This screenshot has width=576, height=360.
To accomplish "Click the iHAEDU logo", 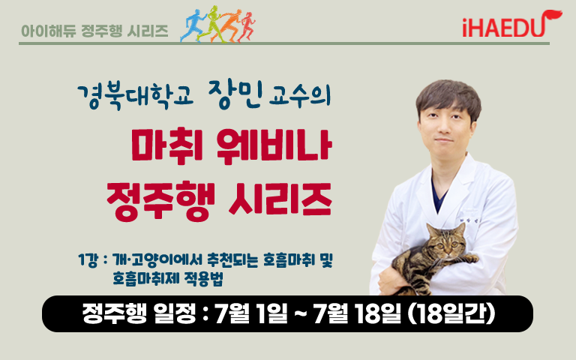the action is point(511,24).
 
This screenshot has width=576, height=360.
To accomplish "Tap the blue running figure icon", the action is point(193,25).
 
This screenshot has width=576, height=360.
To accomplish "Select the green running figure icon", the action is point(211,24).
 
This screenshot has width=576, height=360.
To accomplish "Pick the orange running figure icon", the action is point(229,25).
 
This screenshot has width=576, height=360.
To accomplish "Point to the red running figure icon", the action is point(247,27).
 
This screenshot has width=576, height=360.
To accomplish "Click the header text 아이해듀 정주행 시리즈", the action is point(94,31).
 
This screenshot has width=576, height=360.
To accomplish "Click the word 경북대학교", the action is point(135,97).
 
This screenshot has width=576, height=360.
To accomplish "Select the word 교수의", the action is point(300,96).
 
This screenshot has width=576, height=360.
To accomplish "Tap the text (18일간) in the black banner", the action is point(451,313).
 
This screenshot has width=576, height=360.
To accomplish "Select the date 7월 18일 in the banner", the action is point(357,313).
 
